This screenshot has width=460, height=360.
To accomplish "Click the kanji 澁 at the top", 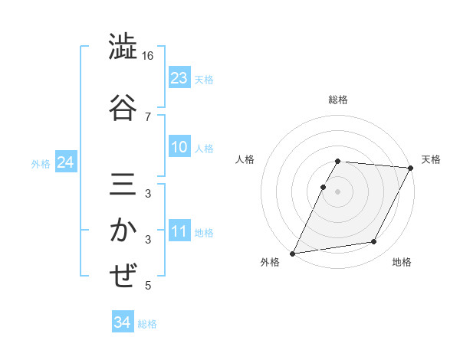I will pos(123,47).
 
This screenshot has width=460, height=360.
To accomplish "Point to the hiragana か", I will pos(123,230).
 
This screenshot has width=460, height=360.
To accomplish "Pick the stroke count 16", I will pos(148,57).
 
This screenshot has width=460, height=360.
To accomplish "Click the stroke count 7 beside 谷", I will pos(148,116).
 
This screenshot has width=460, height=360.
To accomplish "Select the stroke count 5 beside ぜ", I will pos(148,286).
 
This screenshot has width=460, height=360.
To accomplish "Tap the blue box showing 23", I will pos(179,78).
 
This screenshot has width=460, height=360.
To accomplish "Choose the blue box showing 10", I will pos(179,147).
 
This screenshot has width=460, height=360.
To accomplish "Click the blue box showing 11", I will pos(179,231).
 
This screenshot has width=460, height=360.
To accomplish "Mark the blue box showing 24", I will pos(65,162).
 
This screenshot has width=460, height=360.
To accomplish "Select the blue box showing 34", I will pos(122,322).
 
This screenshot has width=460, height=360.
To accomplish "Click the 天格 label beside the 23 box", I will pos(204,79).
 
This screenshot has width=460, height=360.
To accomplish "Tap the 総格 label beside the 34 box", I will pos(147,323).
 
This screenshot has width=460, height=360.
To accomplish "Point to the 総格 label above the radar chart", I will pos(338,100).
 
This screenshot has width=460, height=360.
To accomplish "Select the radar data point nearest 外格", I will pos(292,253).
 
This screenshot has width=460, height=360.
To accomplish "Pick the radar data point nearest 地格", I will pos(374,242).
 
